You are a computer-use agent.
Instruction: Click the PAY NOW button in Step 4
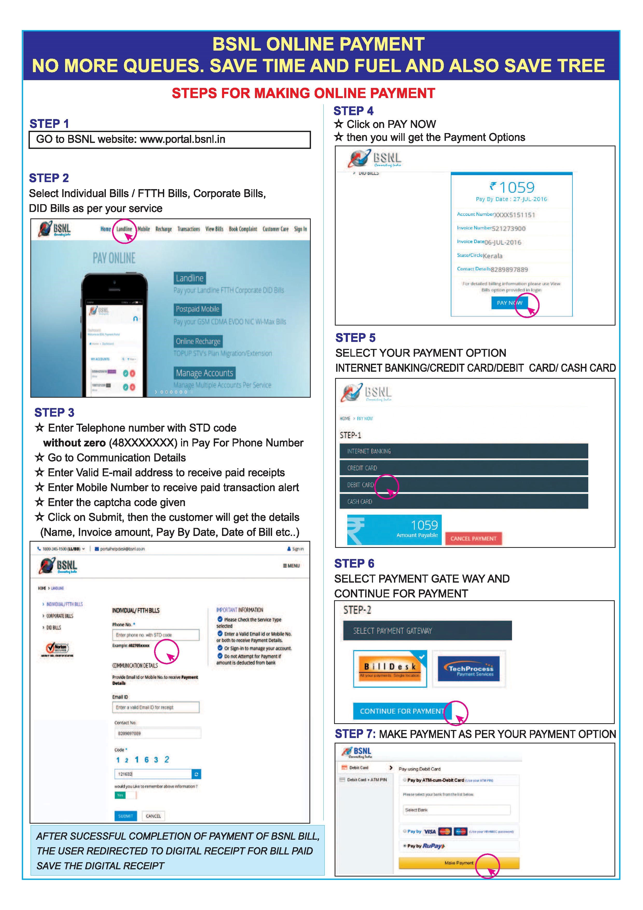[509, 303]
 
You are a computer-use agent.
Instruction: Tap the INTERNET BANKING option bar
[464, 451]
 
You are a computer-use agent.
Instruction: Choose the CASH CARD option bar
[464, 501]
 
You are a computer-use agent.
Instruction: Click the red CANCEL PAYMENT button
[473, 538]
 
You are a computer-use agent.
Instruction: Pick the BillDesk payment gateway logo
[390, 669]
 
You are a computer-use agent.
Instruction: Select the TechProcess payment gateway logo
[469, 669]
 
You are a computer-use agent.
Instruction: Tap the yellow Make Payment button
[459, 863]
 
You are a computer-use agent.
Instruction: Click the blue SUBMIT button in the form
[126, 816]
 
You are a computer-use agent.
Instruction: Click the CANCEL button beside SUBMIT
[153, 816]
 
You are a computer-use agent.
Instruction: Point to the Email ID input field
[156, 707]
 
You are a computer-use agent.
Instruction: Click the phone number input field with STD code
[156, 635]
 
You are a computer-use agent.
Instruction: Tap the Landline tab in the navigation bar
[124, 229]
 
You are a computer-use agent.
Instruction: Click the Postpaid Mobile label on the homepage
[197, 309]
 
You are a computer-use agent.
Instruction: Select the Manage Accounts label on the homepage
[204, 373]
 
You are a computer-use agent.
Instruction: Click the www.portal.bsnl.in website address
[182, 140]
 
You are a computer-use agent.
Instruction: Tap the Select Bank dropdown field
[457, 810]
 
